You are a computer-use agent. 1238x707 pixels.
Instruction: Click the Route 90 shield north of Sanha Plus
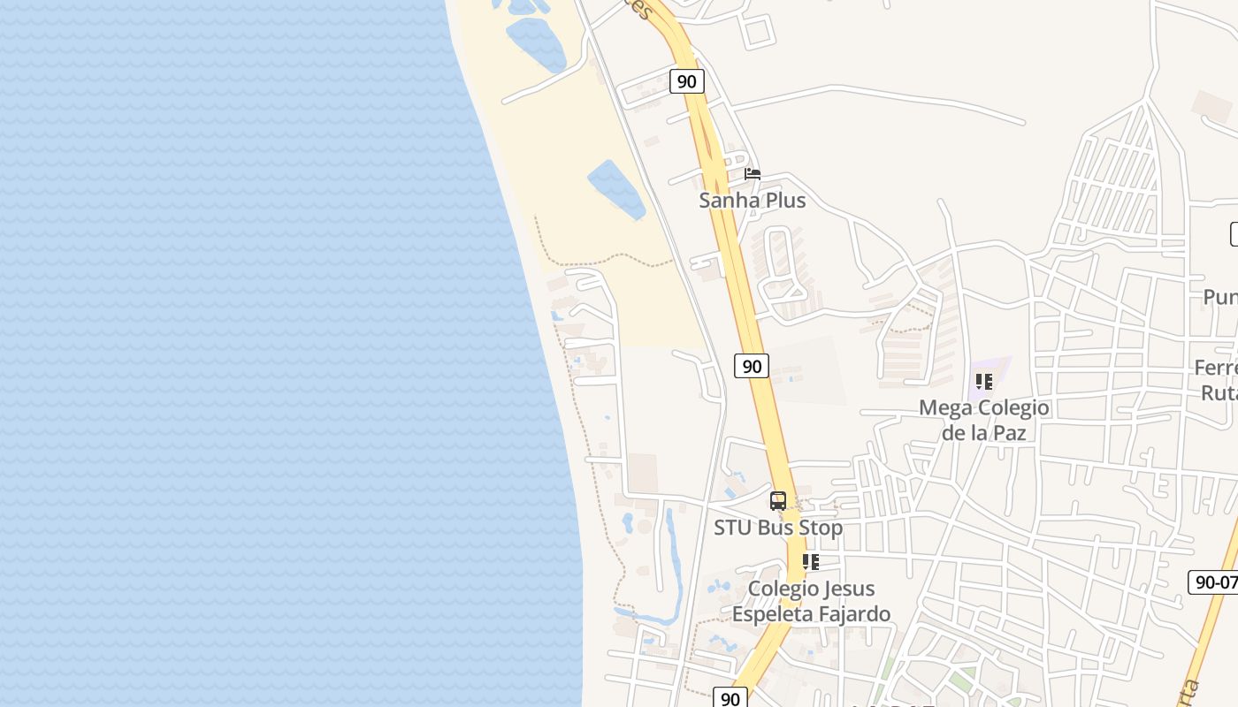coord(686,82)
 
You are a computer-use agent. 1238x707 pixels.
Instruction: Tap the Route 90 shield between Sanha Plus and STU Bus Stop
coord(752,366)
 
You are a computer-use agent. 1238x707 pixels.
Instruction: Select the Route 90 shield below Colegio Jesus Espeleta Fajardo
coord(730,698)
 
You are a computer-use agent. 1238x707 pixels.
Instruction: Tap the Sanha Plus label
coord(753,201)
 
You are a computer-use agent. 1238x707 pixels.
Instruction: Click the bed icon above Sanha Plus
coord(753,174)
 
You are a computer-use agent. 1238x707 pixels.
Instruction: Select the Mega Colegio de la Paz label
coord(984,420)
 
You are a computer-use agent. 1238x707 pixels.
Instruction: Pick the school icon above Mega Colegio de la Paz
coord(984,382)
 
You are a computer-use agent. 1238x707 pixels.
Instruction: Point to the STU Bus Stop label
coord(778,528)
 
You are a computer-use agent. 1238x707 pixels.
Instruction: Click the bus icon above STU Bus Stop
coord(778,501)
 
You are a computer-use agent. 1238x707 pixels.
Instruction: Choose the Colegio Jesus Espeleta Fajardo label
coord(811,601)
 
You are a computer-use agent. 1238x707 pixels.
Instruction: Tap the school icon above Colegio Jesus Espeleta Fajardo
coord(811,561)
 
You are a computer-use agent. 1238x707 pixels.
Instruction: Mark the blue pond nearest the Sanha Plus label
coord(616,189)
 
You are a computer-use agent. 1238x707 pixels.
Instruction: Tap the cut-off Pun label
coord(1220,297)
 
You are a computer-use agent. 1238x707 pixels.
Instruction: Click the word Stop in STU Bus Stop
coord(819,528)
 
